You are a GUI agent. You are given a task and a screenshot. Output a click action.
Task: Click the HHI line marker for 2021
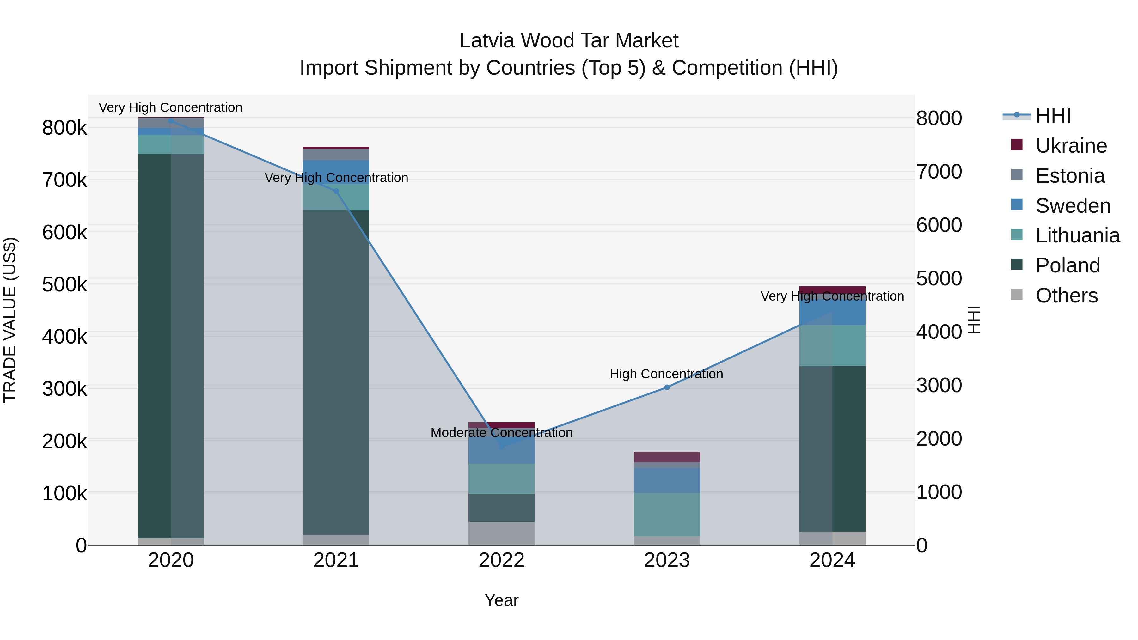click(x=336, y=191)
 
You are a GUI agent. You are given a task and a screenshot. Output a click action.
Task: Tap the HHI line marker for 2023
click(x=667, y=387)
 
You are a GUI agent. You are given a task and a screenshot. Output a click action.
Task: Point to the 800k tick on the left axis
click(x=64, y=128)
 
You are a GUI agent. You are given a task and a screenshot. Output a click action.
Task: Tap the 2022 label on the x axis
click(x=501, y=560)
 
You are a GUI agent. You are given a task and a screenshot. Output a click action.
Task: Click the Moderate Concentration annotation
click(x=501, y=433)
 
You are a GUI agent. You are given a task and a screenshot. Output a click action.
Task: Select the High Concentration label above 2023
click(x=666, y=374)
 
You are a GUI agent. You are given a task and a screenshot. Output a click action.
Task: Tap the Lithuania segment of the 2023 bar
click(x=667, y=515)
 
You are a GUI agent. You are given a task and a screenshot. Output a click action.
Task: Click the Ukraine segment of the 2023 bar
click(x=667, y=457)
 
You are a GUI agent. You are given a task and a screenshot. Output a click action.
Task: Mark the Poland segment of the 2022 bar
click(x=501, y=508)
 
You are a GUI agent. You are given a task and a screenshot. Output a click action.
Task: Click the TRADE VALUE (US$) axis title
click(x=10, y=320)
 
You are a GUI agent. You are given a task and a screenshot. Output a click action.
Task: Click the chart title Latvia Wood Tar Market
click(x=569, y=41)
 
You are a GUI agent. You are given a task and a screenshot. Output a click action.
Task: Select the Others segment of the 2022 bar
click(x=501, y=533)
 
